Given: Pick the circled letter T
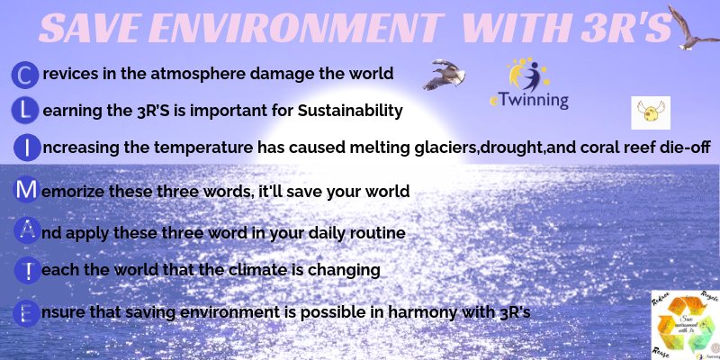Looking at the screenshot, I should pyautogui.click(x=28, y=268).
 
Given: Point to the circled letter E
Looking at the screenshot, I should pyautogui.click(x=28, y=311).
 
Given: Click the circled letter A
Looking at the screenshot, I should pyautogui.click(x=28, y=230).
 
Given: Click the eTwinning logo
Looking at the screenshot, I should pyautogui.click(x=529, y=85).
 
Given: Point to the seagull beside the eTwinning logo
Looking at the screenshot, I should pyautogui.click(x=443, y=75).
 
